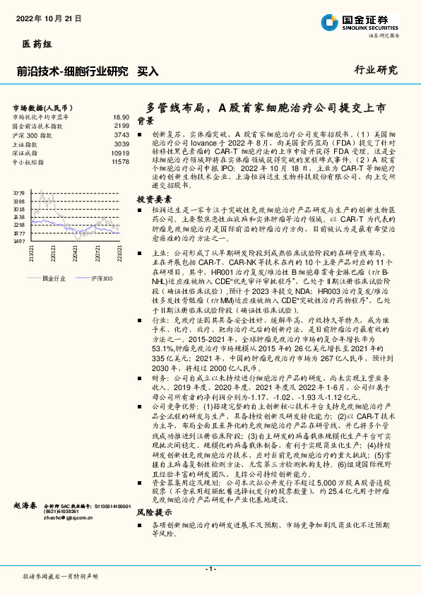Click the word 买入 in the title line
coord(147,71)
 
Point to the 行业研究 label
coord(376,71)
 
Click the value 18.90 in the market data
coord(121,117)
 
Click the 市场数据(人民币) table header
coord(45,106)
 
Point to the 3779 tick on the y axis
coord(19,192)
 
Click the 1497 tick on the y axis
coord(19,241)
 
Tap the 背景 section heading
coord(146,121)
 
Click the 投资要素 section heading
coord(154,199)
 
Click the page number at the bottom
coord(210,569)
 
